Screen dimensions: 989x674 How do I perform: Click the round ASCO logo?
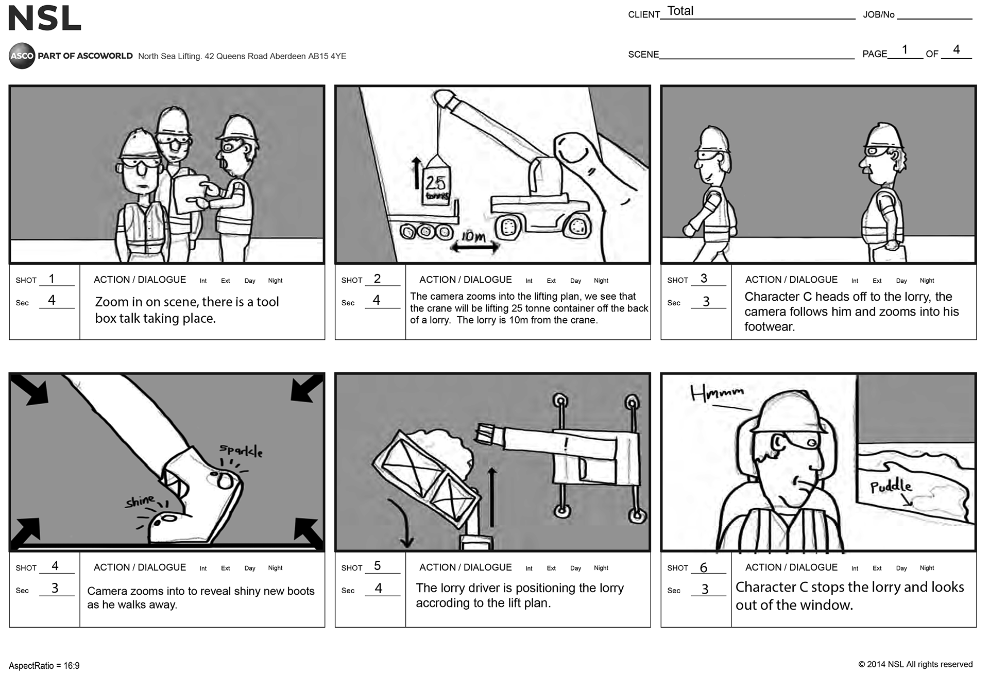[22, 56]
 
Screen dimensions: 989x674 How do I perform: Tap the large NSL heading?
[45, 19]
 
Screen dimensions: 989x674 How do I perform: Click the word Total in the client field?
[680, 11]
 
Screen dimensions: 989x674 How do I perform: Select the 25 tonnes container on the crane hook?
[436, 184]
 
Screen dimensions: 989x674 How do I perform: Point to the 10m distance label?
[473, 236]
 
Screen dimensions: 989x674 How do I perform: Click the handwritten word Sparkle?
[241, 451]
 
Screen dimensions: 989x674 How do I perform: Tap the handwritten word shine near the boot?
[140, 500]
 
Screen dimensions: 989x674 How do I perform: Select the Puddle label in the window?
[891, 486]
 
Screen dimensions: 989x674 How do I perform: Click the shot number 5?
[377, 566]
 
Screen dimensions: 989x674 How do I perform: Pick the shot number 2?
[377, 279]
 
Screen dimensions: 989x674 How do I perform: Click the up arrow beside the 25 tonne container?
[416, 173]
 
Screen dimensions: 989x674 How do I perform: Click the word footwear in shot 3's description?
[770, 326]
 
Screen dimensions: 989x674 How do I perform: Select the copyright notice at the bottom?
[915, 664]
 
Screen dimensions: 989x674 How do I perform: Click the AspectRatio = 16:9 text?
[44, 666]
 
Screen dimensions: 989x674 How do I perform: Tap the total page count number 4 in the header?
[956, 49]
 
